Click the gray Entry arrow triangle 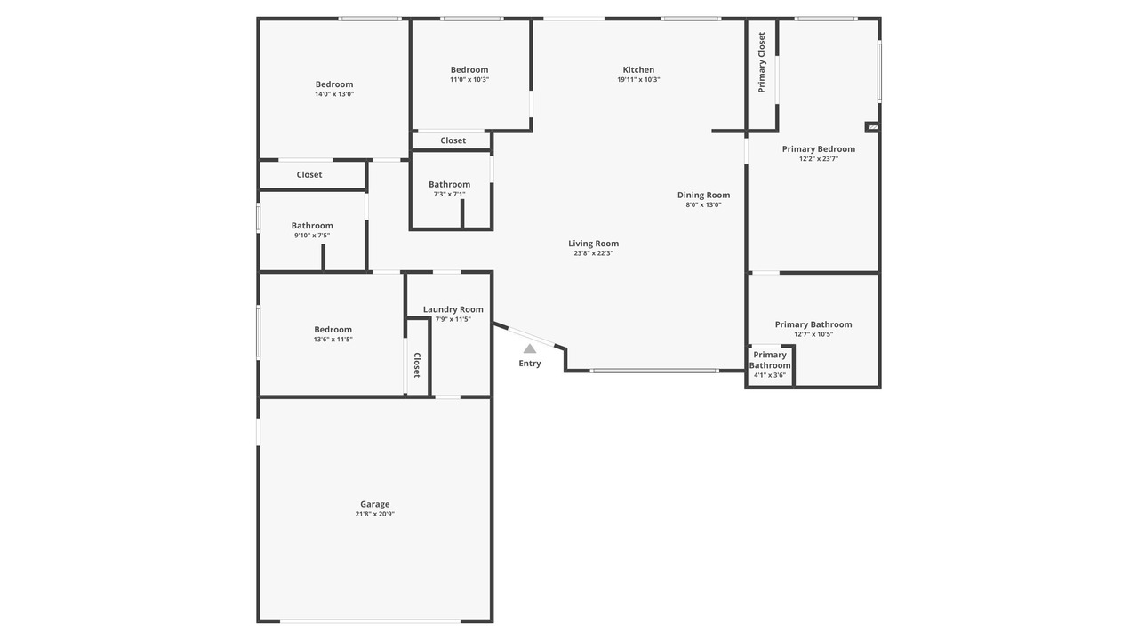point(530,348)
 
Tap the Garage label point(375,504)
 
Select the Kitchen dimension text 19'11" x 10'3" point(638,80)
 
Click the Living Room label point(593,244)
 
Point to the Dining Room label point(703,195)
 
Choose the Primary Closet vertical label point(762,62)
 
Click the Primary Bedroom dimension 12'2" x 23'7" point(819,159)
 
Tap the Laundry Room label point(453,309)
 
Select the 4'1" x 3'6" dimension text point(770,375)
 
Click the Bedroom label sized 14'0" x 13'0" point(334,84)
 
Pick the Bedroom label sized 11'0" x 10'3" point(469,69)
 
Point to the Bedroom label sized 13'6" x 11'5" point(333,330)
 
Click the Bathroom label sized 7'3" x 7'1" point(450,184)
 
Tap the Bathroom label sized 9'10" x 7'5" point(312,226)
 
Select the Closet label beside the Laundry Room point(417,365)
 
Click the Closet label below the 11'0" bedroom point(453,140)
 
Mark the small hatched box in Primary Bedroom point(872,127)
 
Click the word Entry point(530,364)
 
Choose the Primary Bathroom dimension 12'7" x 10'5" point(813,335)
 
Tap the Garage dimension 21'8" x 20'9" point(375,514)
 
